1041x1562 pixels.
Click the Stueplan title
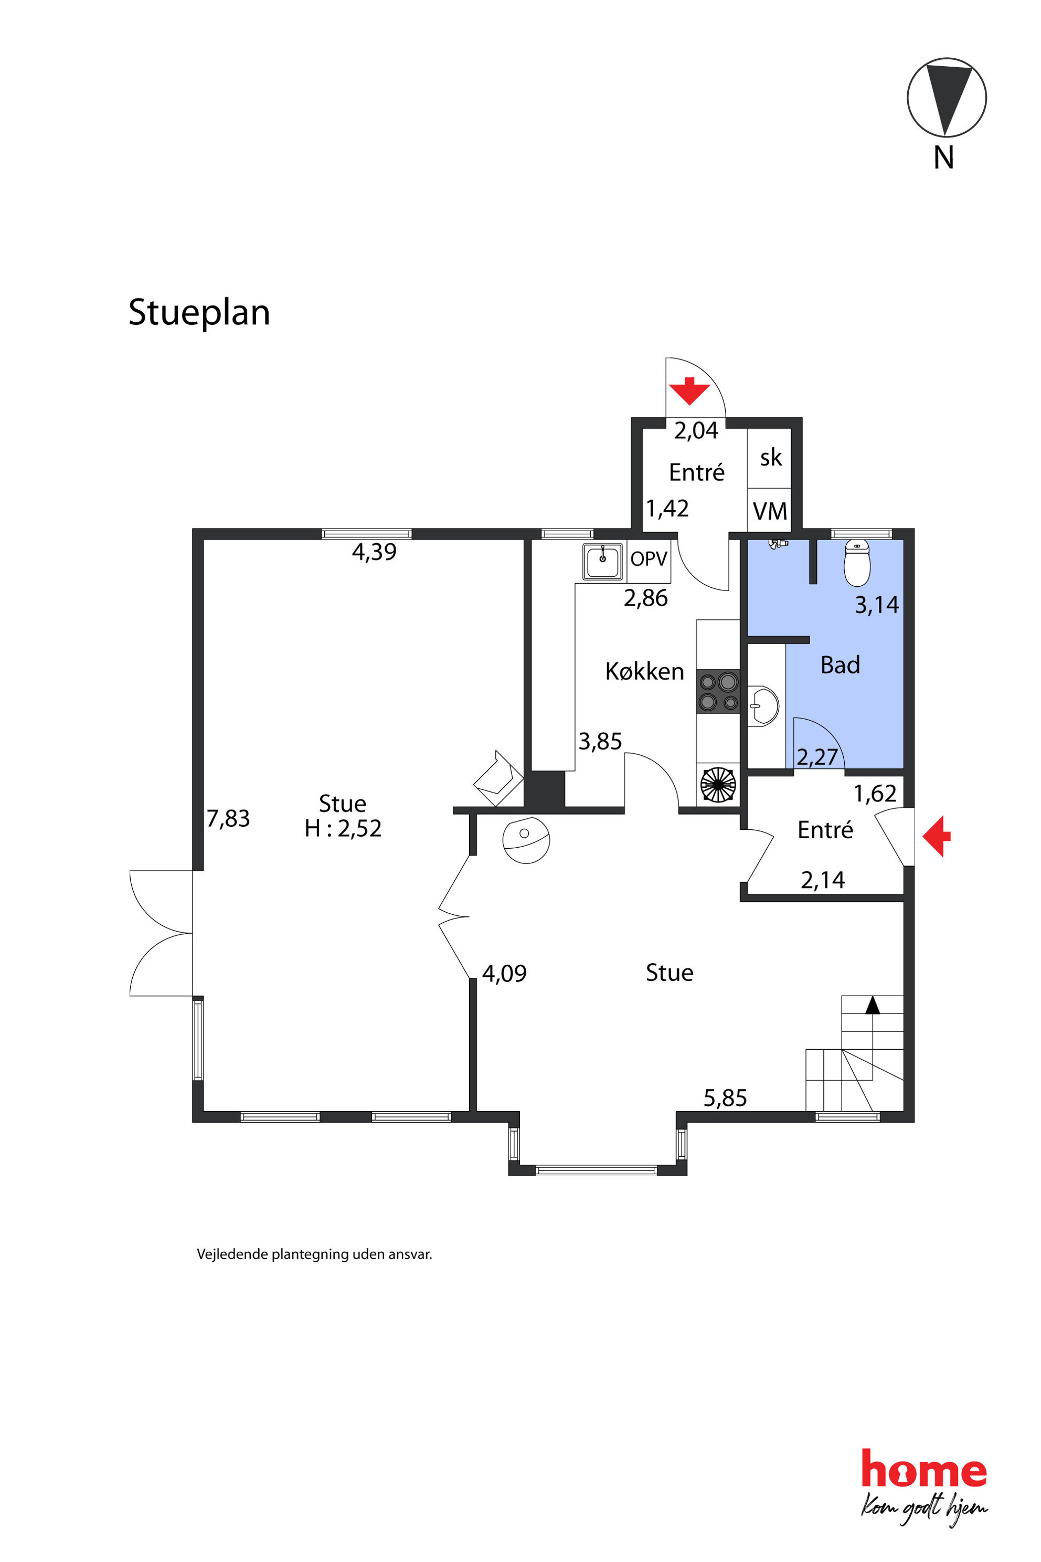[x=199, y=312]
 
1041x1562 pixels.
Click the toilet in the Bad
[x=857, y=563]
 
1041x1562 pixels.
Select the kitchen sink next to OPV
[x=603, y=562]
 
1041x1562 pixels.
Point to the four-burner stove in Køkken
[x=718, y=691]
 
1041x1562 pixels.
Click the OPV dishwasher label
[x=649, y=558]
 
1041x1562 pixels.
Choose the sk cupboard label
[x=771, y=457]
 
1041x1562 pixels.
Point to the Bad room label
[x=840, y=665]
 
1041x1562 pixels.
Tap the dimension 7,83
[x=228, y=819]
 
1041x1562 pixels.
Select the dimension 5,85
[x=725, y=1099]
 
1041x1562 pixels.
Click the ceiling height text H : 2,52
[x=343, y=828]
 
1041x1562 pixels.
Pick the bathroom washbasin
[x=763, y=706]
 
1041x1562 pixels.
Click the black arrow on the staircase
[x=873, y=1005]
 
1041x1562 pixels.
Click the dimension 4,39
[x=375, y=552]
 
